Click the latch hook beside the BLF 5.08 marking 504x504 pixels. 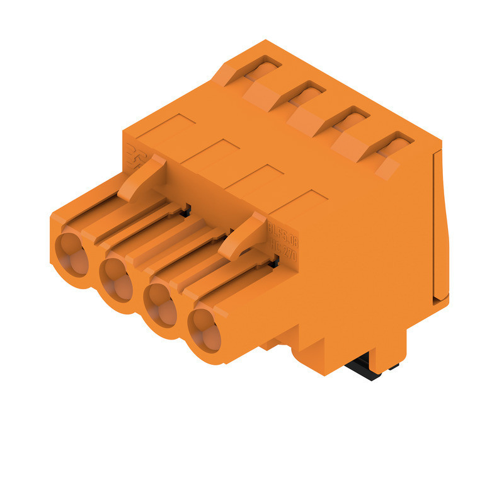(243, 234)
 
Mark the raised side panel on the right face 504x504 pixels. (440, 227)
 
